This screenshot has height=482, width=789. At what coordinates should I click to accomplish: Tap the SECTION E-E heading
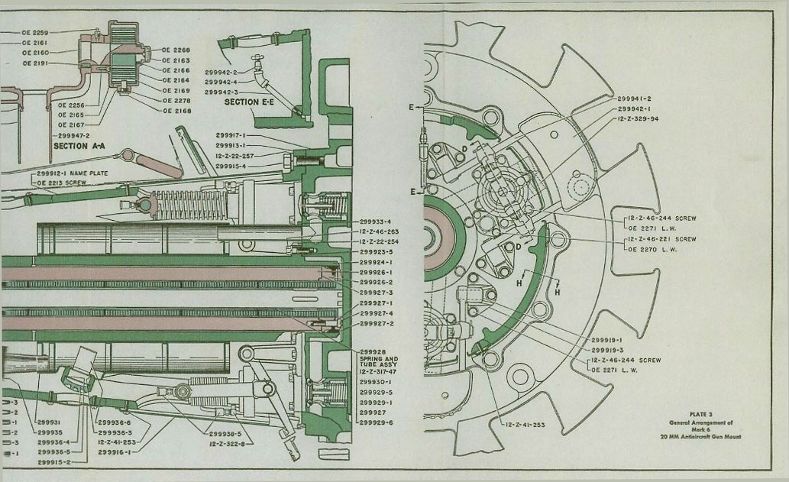point(248,102)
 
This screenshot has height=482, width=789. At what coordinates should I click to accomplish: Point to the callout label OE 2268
point(176,50)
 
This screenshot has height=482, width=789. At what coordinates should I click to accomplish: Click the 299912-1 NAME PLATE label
point(73,173)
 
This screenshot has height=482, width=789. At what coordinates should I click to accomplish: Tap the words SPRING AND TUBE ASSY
point(377,362)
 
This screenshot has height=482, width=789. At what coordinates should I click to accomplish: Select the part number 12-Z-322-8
point(228,443)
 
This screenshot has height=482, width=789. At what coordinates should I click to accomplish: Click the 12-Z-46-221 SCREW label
point(661,239)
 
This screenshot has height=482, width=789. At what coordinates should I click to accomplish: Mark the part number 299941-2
point(633,99)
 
